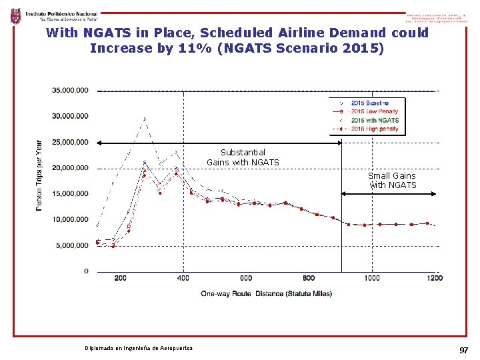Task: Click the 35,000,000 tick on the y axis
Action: coord(70,90)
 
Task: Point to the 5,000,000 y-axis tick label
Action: coord(72,245)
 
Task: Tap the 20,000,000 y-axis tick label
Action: coord(70,168)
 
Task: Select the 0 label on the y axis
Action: coord(86,271)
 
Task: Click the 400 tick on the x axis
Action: coord(183,278)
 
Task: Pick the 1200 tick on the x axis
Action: coord(435,278)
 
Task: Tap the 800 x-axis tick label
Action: coord(309,278)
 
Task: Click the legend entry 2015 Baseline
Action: coord(369,103)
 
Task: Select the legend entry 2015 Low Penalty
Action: coord(373,112)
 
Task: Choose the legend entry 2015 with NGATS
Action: coord(374,121)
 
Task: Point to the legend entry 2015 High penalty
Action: coord(374,129)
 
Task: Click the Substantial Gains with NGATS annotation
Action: coord(243,157)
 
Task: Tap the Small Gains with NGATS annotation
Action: coord(393,181)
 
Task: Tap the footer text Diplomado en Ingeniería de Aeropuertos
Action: coord(139,349)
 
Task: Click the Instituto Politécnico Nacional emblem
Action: coord(15,16)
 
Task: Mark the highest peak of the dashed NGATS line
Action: coord(145,119)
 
